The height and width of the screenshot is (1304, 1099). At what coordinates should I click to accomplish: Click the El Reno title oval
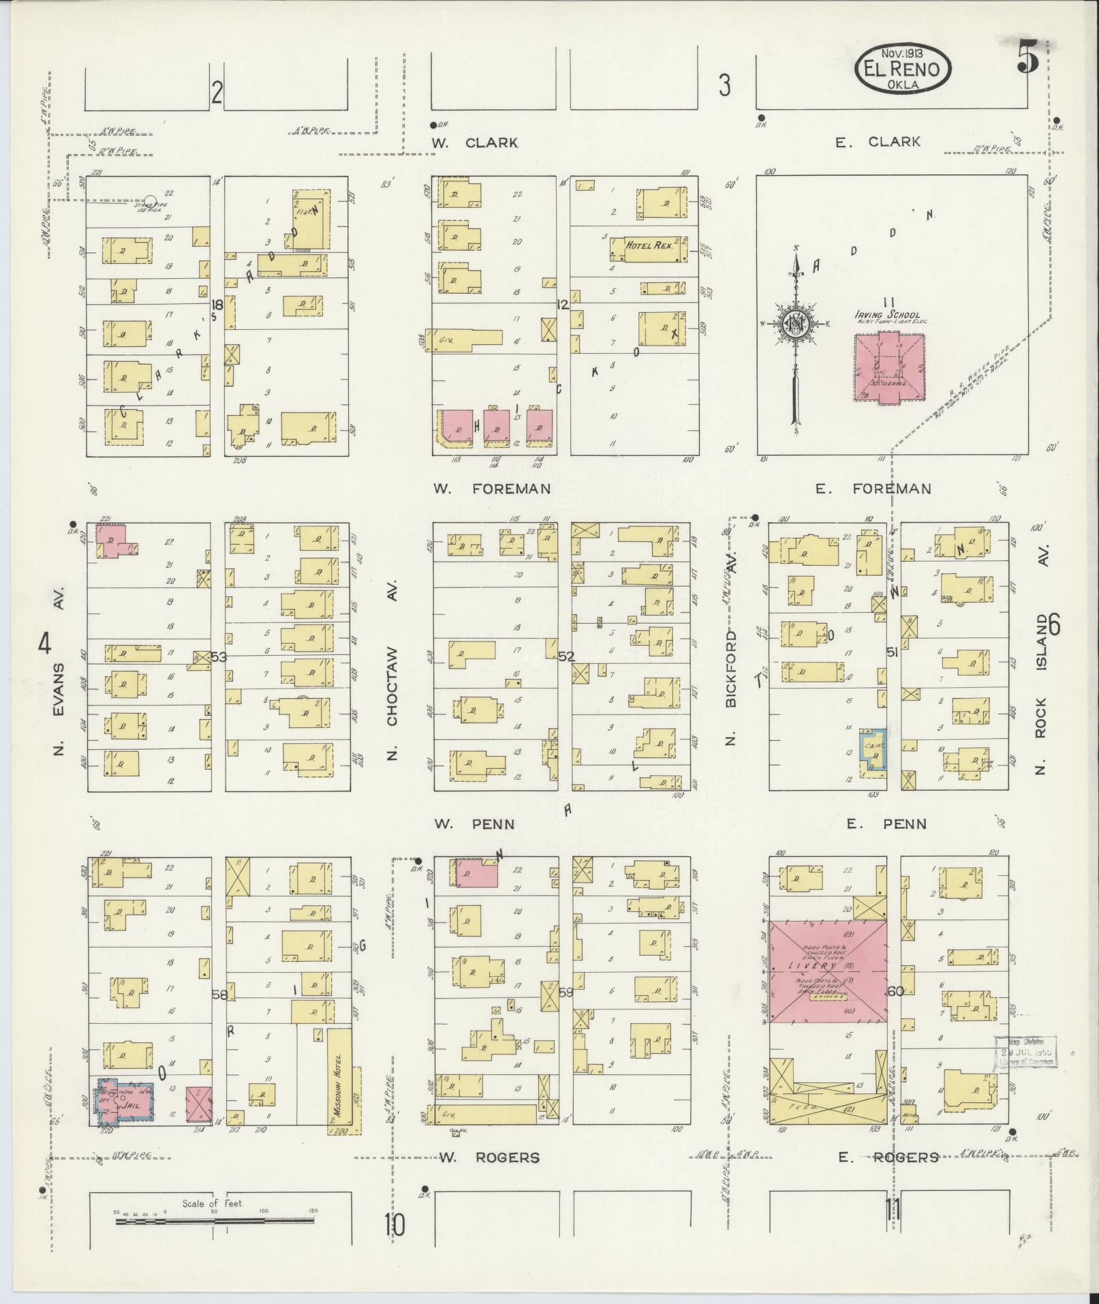[903, 69]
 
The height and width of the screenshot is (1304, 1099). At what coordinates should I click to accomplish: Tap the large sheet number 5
[1027, 56]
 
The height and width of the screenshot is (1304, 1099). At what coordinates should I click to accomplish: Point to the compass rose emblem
[795, 323]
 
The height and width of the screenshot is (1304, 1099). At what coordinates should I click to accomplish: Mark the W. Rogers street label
[489, 1157]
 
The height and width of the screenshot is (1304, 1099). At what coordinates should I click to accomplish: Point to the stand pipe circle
[151, 201]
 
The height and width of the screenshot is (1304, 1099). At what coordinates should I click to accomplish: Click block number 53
[218, 657]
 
